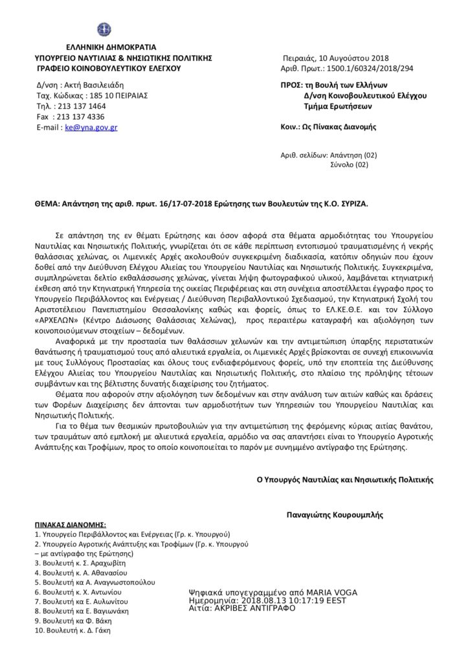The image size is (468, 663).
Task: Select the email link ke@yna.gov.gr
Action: [91, 128]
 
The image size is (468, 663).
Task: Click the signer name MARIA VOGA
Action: [329, 592]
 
